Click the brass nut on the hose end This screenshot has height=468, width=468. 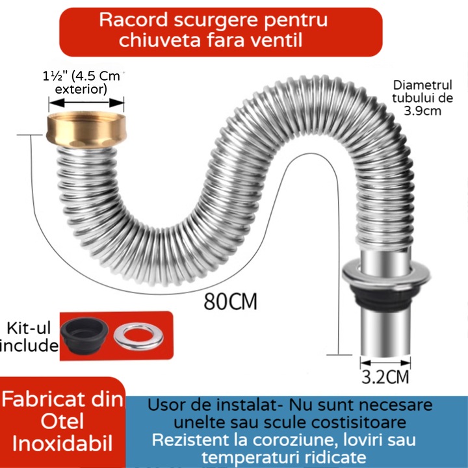tap(86, 130)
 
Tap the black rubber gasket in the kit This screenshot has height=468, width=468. tap(84, 335)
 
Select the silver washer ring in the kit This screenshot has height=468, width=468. tap(138, 336)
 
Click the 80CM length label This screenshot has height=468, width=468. tap(230, 302)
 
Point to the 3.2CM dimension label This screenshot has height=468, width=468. tap(385, 376)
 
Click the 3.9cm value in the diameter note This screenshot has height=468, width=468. tap(422, 111)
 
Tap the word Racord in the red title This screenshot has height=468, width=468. tap(133, 20)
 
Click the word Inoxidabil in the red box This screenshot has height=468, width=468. tap(62, 443)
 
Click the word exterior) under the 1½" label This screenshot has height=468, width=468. tap(81, 89)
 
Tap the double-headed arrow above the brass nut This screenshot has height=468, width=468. tap(86, 103)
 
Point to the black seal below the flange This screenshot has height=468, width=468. tap(385, 298)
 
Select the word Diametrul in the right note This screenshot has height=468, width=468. tap(422, 85)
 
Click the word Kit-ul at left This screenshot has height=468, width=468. tap(29, 328)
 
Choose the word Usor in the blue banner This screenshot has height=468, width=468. tap(168, 405)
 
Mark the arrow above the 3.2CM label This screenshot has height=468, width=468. tap(385, 363)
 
